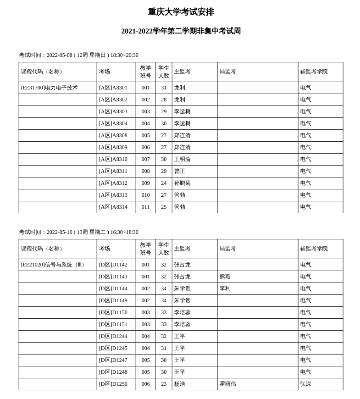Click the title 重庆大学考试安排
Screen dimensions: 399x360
tap(181, 12)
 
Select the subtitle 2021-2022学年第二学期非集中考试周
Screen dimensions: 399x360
tap(181, 31)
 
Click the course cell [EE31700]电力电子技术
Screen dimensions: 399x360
tap(50, 88)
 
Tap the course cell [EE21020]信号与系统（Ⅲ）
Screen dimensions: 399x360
tap(53, 265)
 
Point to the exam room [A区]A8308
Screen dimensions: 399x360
tap(113, 135)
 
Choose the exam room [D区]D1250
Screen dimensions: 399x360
tap(113, 384)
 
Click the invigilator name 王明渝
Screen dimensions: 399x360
tap(182, 159)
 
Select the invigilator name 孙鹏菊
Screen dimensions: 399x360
tap(182, 183)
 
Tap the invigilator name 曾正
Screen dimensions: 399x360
tap(179, 171)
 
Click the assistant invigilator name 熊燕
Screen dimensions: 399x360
tap(225, 277)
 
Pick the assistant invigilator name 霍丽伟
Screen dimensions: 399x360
tap(227, 384)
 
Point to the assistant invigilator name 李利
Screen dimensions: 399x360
tap(225, 288)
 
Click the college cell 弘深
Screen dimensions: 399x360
tap(305, 384)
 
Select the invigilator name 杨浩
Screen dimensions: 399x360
tap(179, 384)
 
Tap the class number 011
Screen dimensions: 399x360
tap(145, 207)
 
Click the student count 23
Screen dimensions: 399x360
tap(164, 384)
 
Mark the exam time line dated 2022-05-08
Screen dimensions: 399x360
tap(78, 55)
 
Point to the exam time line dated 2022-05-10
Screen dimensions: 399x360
tap(78, 232)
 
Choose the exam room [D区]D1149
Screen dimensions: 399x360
tap(113, 300)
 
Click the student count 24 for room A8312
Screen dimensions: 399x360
tap(164, 183)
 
